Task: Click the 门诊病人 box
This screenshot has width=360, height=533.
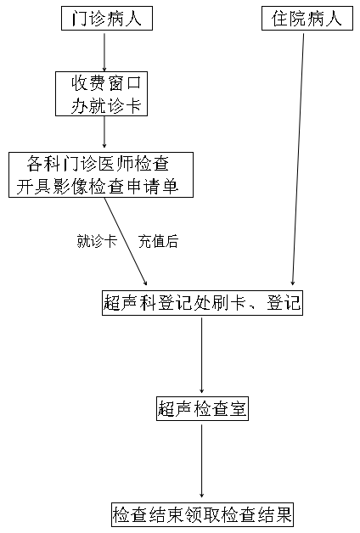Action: pos(107,19)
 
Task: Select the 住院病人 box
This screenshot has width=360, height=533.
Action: pos(307,19)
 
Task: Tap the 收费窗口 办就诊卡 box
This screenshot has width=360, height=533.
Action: pos(101,94)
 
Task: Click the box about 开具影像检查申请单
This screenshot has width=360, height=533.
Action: pos(101,175)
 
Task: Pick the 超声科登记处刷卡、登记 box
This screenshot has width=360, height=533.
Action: pos(202,303)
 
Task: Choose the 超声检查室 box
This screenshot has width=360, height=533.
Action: pos(202,408)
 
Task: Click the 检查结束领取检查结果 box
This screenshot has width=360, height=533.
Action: pos(203,514)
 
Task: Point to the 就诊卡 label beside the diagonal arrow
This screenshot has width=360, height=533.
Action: pos(97,242)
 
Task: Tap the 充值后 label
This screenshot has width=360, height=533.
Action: pos(159,242)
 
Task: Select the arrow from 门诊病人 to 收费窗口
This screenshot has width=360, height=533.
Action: pos(104,51)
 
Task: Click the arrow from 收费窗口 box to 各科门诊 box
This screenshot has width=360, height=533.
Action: pos(104,132)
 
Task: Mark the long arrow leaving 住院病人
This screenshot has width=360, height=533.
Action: pos(298,159)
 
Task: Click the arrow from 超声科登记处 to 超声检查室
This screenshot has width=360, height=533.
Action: pos(202,355)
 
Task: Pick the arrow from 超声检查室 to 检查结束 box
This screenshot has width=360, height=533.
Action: pos(202,461)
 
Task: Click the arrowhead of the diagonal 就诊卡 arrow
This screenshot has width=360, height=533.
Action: pos(145,283)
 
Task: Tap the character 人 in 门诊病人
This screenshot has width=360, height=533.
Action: pos(133,19)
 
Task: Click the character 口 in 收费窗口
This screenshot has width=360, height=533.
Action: pos(133,83)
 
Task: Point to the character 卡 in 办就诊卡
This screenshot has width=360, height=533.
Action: pos(133,106)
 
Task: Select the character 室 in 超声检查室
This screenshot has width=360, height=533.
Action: pos(238,408)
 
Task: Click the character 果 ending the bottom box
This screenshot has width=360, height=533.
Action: pos(284,514)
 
